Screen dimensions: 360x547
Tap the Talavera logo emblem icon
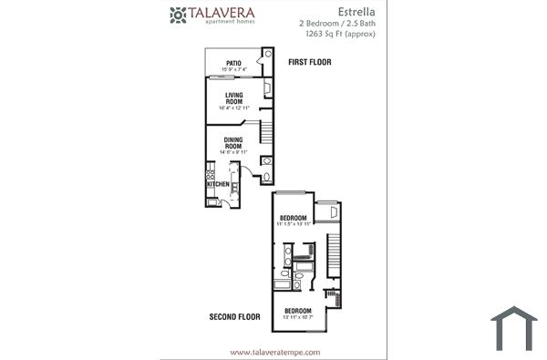(178, 15)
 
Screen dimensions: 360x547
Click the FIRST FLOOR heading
(309, 63)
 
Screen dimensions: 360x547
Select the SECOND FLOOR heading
(235, 318)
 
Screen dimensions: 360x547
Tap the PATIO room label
(233, 64)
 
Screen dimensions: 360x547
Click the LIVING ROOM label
(233, 98)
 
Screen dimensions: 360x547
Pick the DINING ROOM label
(233, 143)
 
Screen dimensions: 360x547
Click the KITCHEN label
(218, 184)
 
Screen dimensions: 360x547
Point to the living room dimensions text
(233, 108)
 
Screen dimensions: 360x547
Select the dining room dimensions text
(233, 152)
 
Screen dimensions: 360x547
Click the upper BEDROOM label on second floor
(293, 217)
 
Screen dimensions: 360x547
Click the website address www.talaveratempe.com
(274, 352)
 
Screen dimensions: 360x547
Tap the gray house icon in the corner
(513, 331)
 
